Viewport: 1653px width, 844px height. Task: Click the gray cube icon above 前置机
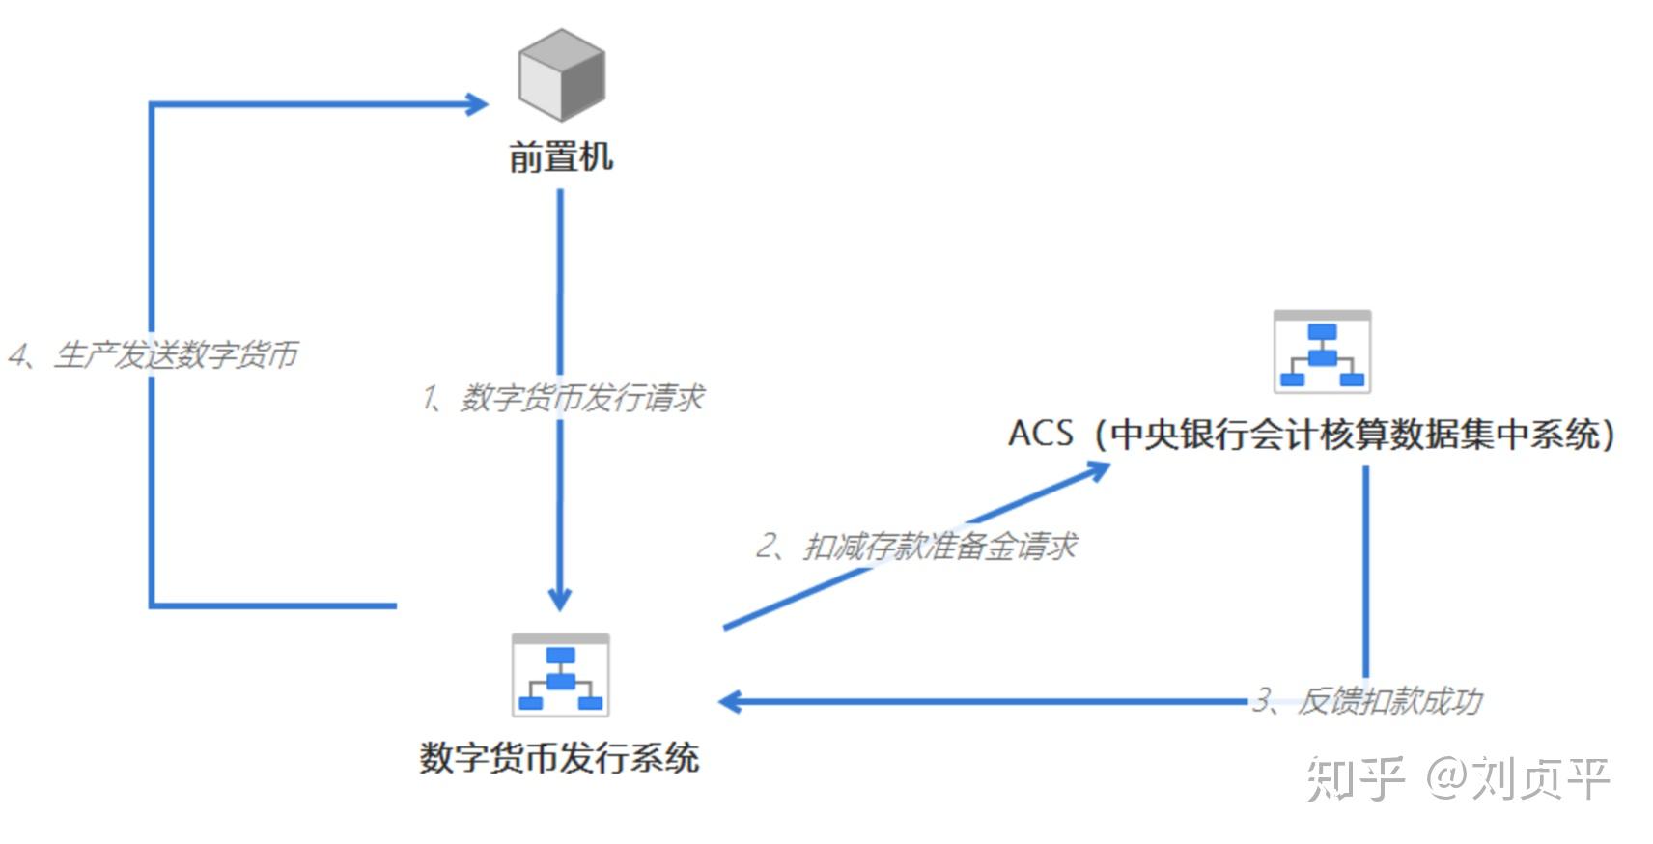561,74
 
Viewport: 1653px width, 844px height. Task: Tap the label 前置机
561,156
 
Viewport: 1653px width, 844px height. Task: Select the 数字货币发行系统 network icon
560,675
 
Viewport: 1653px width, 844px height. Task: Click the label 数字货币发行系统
559,757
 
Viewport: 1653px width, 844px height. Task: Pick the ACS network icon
1322,352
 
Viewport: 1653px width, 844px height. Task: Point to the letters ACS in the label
1040,434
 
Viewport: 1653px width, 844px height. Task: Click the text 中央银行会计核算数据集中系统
1355,435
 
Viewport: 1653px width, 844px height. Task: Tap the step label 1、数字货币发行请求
563,397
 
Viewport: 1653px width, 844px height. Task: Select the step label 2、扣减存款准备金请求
915,547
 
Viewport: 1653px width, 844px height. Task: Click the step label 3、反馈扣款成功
1367,700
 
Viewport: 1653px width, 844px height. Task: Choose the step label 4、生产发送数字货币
153,354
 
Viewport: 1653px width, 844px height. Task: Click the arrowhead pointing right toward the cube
477,103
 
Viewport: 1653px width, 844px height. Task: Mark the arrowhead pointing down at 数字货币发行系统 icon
560,598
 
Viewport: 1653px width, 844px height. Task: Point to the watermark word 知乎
1355,777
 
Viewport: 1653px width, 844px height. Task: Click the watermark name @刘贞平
1518,777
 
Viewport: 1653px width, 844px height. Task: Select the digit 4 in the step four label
18,355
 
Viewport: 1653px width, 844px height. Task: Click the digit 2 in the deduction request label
767,547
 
